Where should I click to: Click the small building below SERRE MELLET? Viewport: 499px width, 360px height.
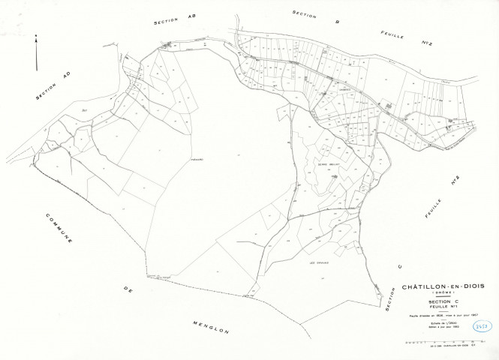pos(332,178)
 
